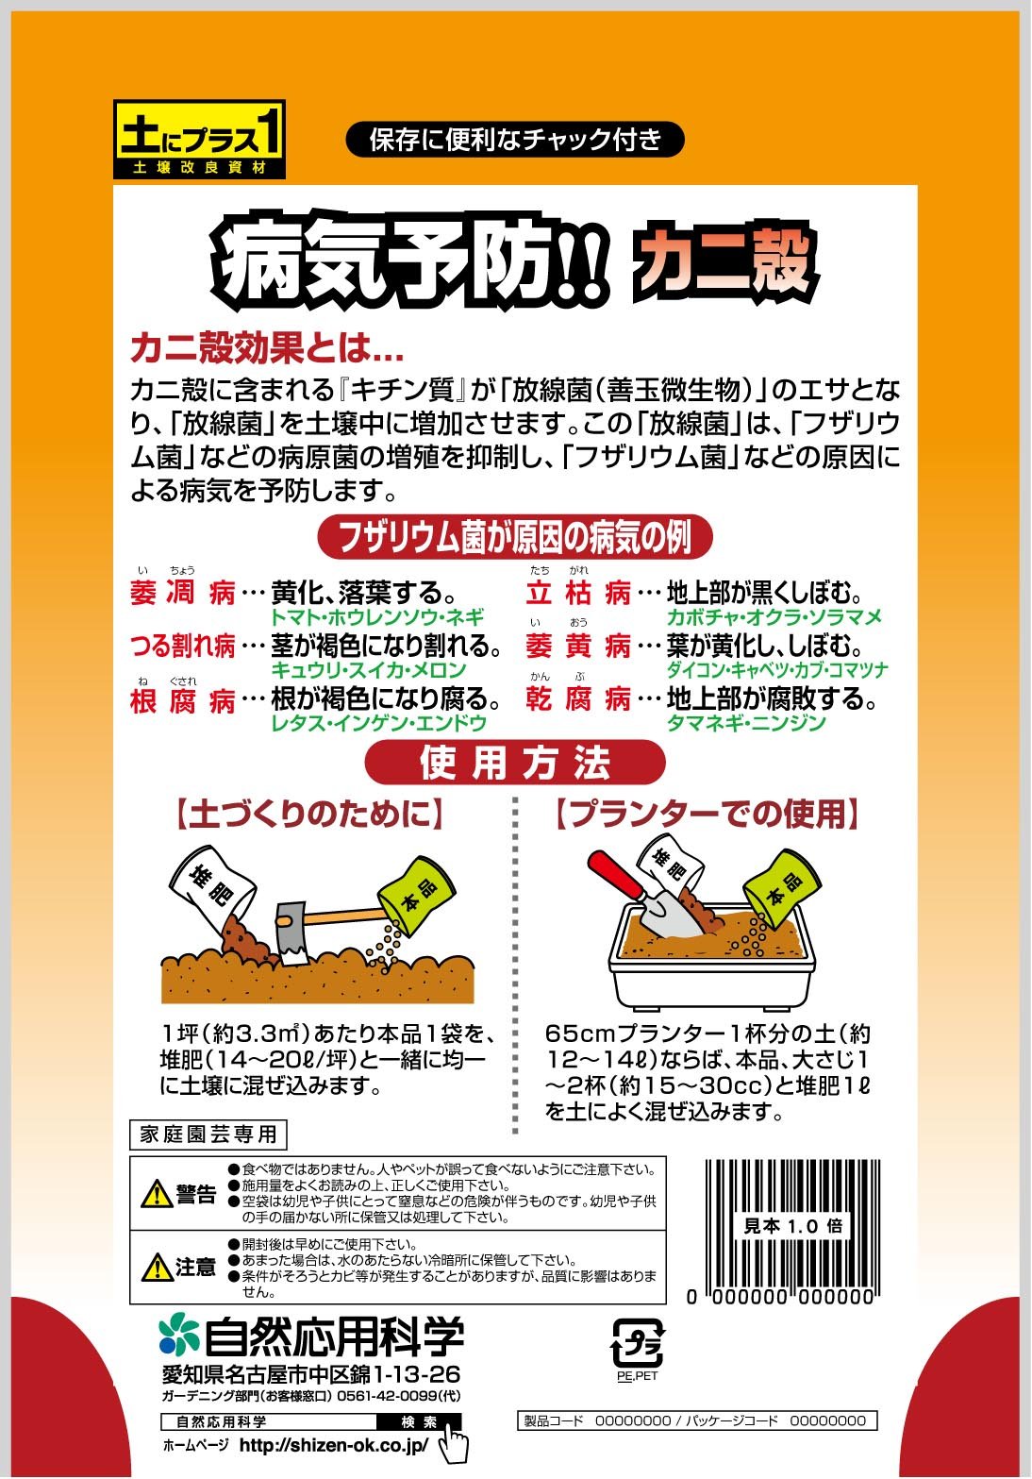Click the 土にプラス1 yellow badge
[x=199, y=140]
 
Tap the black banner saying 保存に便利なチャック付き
[x=515, y=140]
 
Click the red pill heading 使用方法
[x=515, y=763]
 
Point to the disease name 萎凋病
[x=183, y=592]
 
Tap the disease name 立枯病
[x=578, y=592]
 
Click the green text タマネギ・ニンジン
[x=746, y=722]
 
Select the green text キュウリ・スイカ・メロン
[x=370, y=669]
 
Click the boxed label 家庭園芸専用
[x=208, y=1134]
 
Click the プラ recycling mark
[x=638, y=1343]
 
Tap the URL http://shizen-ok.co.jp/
[x=334, y=1445]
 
